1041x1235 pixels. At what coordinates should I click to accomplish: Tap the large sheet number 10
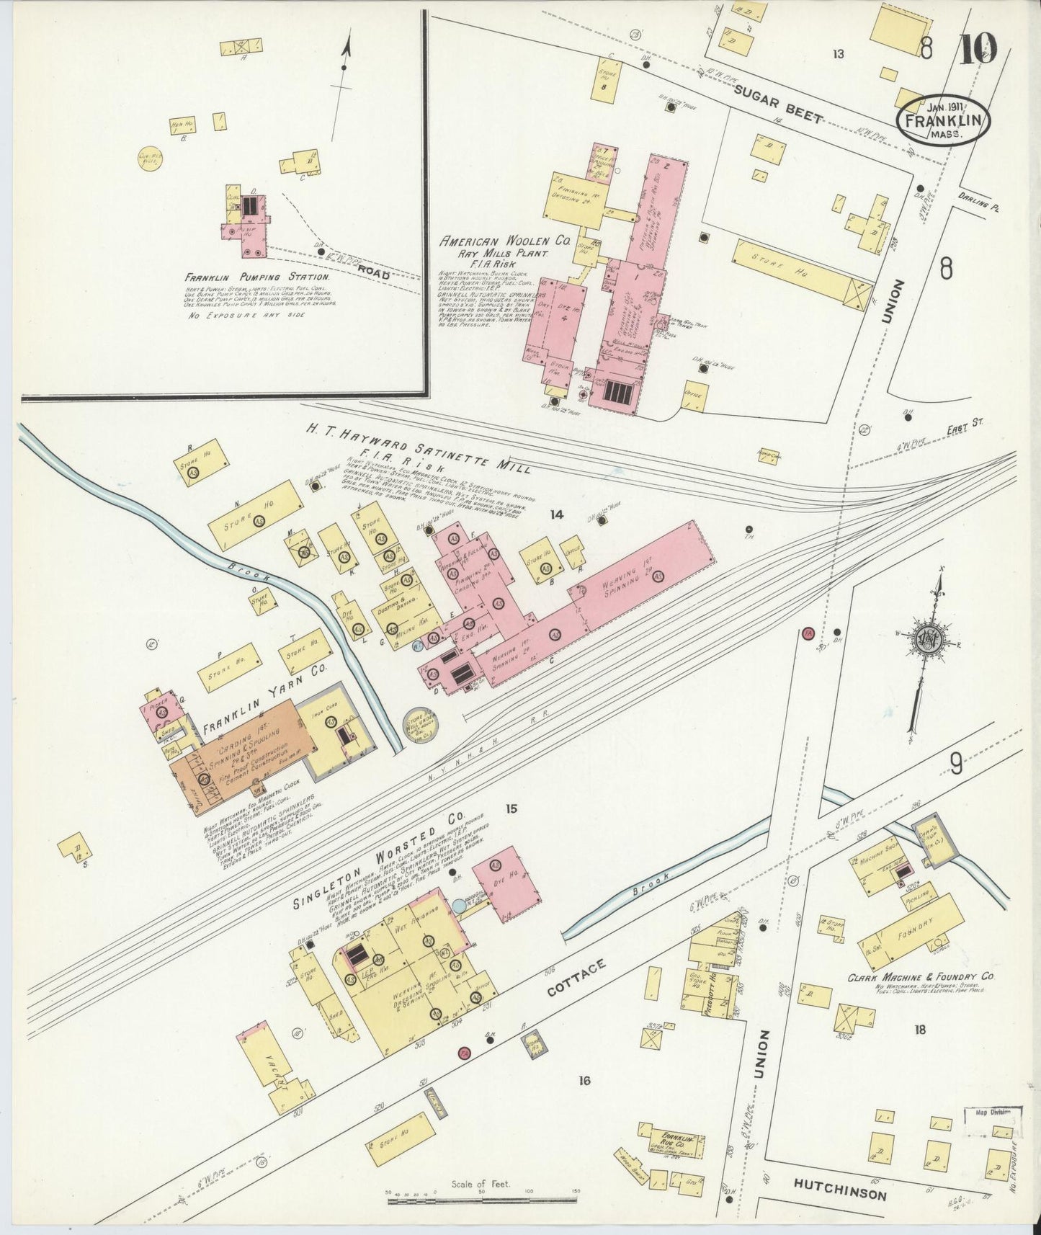coord(978,48)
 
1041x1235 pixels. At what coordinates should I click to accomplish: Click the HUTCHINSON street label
coord(840,1195)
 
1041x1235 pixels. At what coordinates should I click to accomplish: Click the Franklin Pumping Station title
coord(257,277)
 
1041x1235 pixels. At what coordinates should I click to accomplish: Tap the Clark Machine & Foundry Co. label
coord(920,977)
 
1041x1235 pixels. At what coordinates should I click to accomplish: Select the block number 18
coord(919,1030)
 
